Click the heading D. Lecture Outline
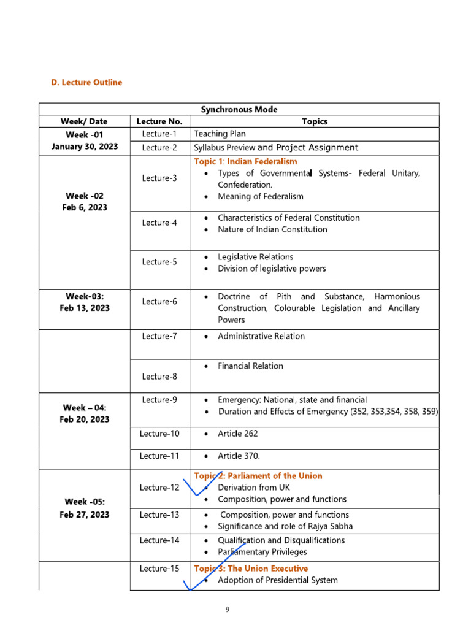(x=86, y=82)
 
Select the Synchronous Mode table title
(x=239, y=110)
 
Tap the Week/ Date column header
(x=85, y=121)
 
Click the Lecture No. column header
(x=159, y=121)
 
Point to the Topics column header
(x=315, y=121)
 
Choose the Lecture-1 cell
(x=159, y=134)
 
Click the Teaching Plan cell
(x=220, y=134)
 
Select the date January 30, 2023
(x=85, y=147)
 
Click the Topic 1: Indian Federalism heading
(x=245, y=161)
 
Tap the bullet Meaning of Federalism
(x=261, y=196)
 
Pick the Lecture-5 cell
(x=159, y=262)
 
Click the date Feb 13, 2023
(x=85, y=308)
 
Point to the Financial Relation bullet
(x=250, y=366)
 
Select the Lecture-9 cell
(x=159, y=400)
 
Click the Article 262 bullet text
(x=238, y=434)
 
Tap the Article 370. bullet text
(x=239, y=456)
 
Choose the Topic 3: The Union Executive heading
(x=251, y=569)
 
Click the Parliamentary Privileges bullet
(x=262, y=552)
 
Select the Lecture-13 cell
(x=159, y=515)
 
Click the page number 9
(x=227, y=609)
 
